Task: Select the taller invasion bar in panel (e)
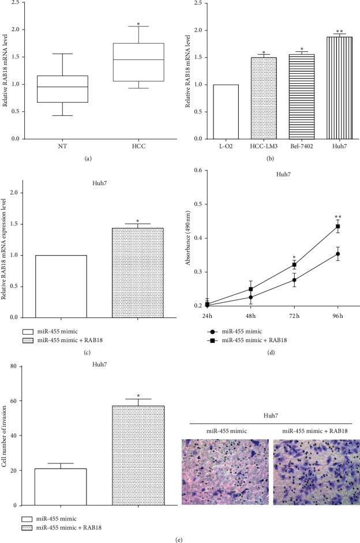click(138, 455)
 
